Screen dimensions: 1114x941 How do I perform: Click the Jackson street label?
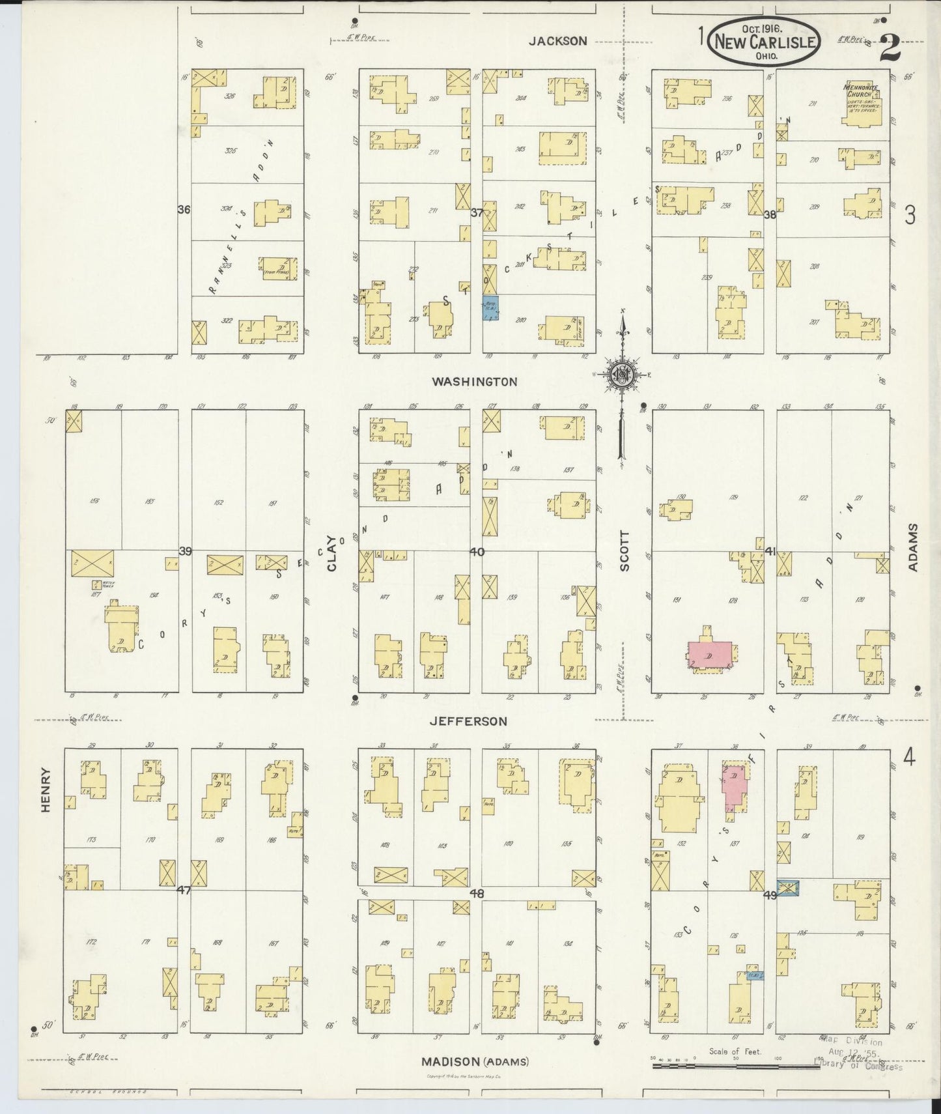coord(557,40)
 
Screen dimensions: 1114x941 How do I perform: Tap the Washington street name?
coord(474,382)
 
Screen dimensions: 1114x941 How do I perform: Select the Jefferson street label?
coord(468,721)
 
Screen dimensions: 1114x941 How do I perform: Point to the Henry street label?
coord(46,790)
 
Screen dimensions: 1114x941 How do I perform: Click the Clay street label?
coord(332,553)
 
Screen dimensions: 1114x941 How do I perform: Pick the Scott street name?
coord(625,550)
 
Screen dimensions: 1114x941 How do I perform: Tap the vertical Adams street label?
coord(912,547)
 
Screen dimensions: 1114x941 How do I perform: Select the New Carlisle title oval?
coord(765,40)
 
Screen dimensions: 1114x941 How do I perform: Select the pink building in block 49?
coord(735,785)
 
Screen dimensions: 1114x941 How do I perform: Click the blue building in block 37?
coord(490,307)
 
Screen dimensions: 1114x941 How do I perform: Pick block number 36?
coord(184,210)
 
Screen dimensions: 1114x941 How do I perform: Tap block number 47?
coord(184,890)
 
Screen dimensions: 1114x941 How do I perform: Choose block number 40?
coord(477,552)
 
